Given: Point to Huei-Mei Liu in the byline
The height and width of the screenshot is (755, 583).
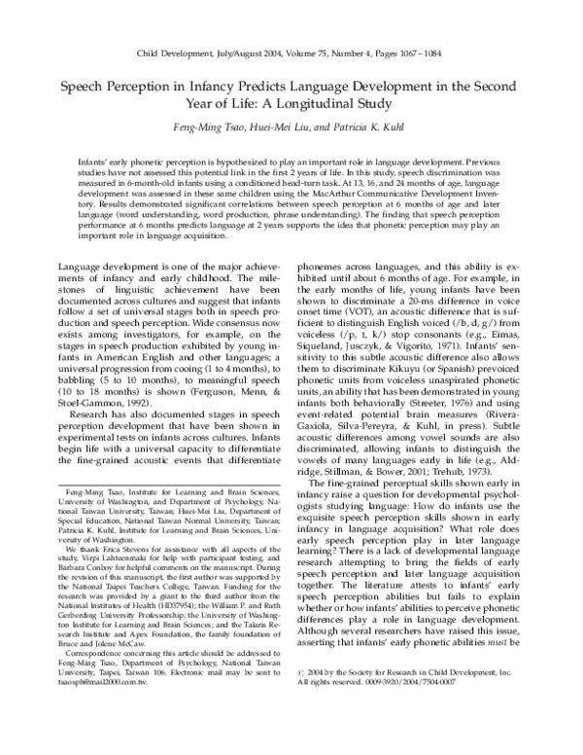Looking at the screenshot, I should [x=276, y=127].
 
